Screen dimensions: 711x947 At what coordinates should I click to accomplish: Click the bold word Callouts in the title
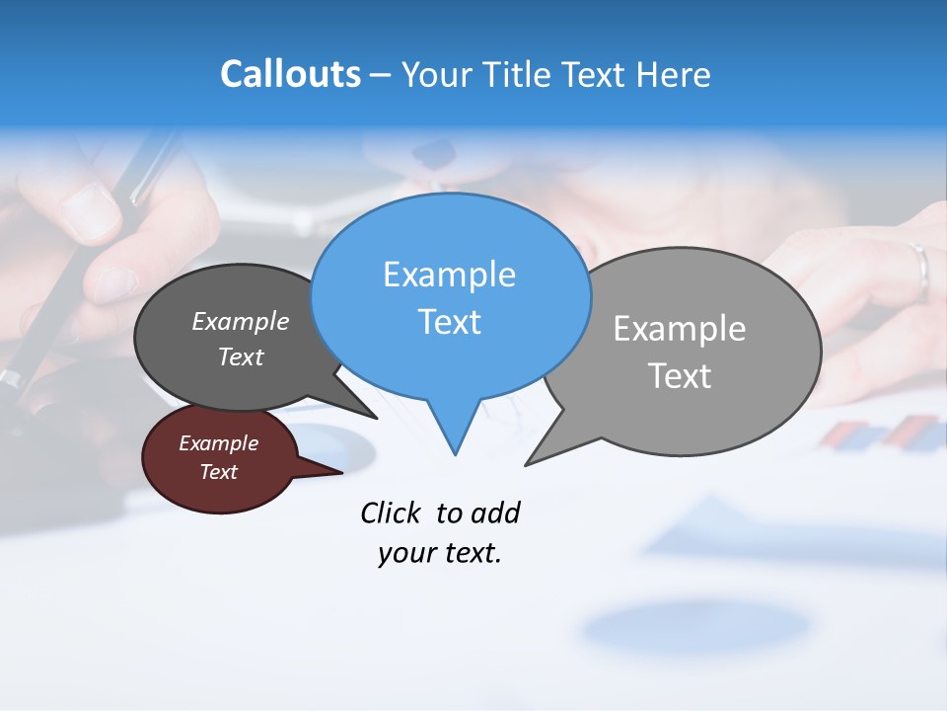tap(290, 74)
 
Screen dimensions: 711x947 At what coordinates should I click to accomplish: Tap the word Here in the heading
tap(675, 75)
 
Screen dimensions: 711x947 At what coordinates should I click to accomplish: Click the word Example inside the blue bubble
tap(449, 275)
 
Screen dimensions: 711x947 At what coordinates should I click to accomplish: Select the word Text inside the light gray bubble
tap(680, 376)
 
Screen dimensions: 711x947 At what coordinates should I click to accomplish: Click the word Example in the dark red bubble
tap(218, 443)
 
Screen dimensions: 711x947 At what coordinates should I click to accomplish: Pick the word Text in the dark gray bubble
tap(240, 356)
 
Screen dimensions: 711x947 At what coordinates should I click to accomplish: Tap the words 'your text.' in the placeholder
tap(439, 554)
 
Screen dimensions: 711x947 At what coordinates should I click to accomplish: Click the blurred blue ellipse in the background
tap(695, 625)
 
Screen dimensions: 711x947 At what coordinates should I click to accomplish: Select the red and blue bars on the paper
tap(883, 434)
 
